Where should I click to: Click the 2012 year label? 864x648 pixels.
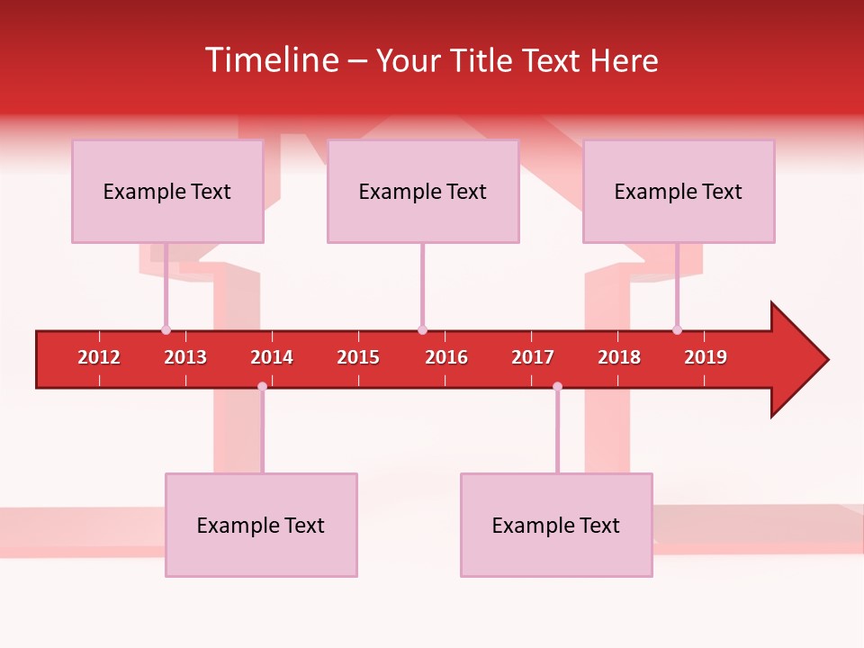click(x=99, y=357)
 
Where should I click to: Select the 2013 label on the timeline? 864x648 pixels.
click(x=185, y=357)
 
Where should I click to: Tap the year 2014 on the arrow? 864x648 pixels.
click(x=272, y=357)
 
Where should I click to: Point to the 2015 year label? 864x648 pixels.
click(x=358, y=357)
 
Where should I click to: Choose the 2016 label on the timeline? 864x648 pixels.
click(x=446, y=357)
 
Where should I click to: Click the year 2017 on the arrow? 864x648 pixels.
click(x=533, y=357)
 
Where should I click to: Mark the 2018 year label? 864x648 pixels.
click(x=619, y=357)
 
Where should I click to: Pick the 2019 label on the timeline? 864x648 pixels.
click(x=706, y=357)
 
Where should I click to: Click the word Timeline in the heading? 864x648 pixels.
click(x=270, y=60)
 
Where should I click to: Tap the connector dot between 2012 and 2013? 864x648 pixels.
click(x=166, y=329)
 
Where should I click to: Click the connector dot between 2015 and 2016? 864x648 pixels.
click(x=422, y=329)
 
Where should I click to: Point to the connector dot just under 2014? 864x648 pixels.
click(x=262, y=387)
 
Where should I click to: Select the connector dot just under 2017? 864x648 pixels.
click(x=557, y=387)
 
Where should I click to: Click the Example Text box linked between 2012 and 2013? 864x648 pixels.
click(x=167, y=191)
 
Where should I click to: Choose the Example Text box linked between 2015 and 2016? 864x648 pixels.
click(x=423, y=191)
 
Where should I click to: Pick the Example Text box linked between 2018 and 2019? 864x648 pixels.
click(x=679, y=191)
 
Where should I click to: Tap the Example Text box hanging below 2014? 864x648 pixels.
click(x=261, y=525)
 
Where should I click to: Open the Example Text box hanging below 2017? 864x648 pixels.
click(x=556, y=525)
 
